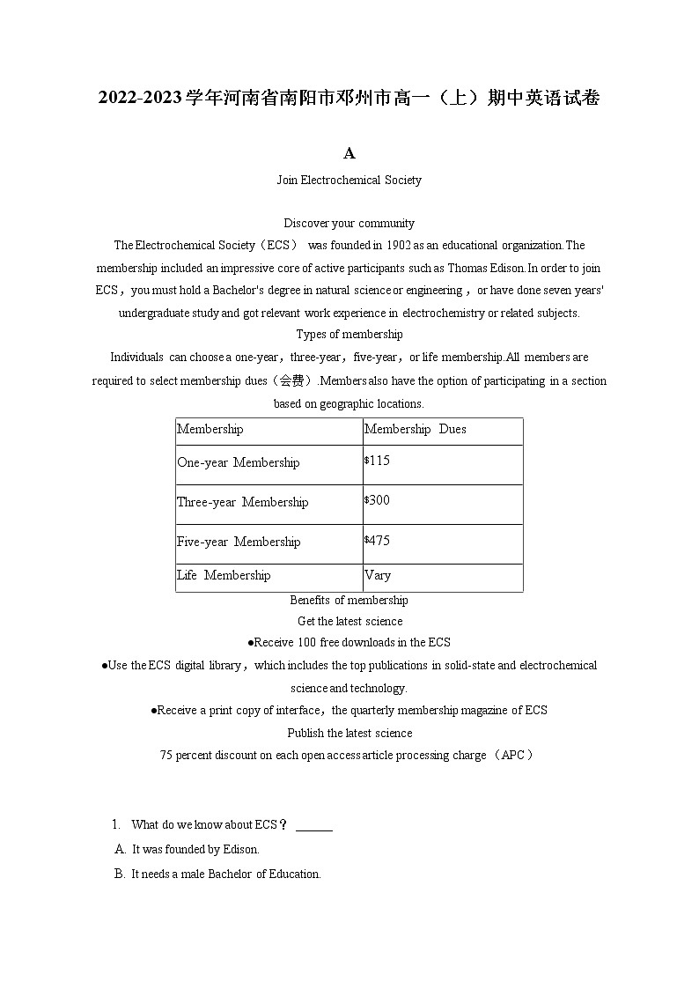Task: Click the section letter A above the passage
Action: [x=349, y=154]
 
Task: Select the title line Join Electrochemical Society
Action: [x=349, y=181]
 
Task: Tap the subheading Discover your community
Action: [x=349, y=224]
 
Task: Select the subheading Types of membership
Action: [x=349, y=335]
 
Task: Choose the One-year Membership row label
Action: [x=238, y=463]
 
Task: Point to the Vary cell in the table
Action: [x=378, y=576]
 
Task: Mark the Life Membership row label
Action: [x=224, y=576]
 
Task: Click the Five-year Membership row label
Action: [x=238, y=542]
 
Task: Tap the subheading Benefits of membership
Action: [x=349, y=601]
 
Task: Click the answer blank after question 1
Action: [x=314, y=826]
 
